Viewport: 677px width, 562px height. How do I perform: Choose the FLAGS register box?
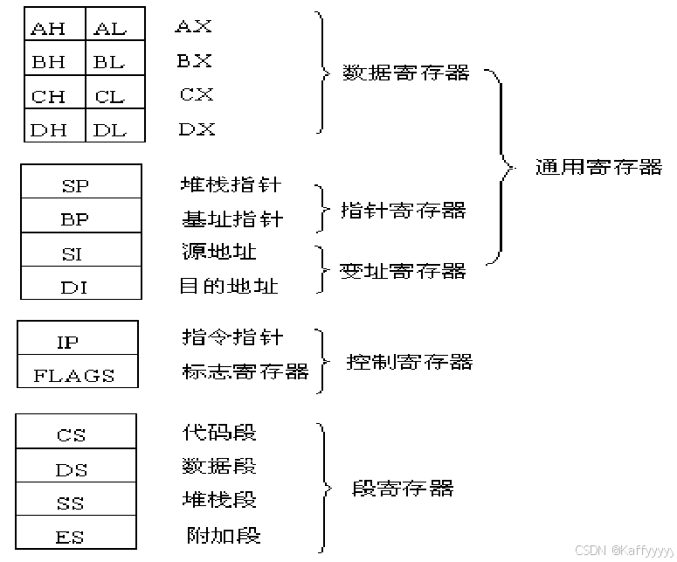pos(77,375)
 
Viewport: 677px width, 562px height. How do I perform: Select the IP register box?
pos(77,342)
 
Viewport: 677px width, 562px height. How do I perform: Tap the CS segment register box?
pos(74,434)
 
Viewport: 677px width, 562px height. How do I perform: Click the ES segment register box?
pos(74,536)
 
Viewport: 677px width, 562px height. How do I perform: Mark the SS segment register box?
pos(74,503)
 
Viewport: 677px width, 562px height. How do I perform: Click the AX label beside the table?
pos(194,26)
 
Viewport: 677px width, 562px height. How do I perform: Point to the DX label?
pos(197,129)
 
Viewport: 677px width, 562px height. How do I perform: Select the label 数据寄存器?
pos(406,73)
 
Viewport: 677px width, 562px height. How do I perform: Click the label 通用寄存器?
pos(598,167)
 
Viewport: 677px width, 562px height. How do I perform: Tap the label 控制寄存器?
pos(410,361)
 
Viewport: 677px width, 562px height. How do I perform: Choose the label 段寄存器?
pos(403,488)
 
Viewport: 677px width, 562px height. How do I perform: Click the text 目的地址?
pos(230,285)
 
